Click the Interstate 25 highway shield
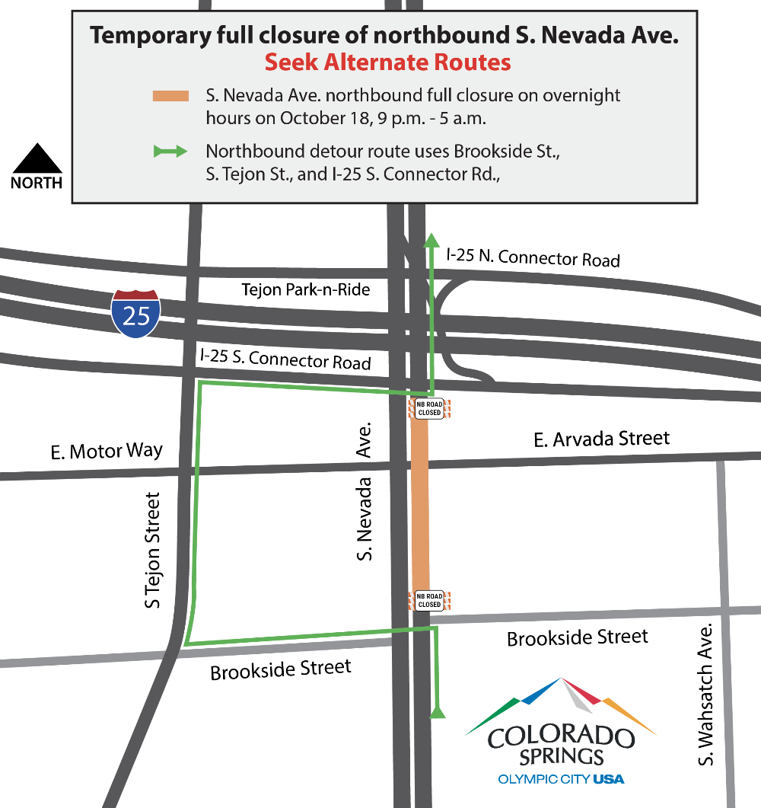[x=135, y=313]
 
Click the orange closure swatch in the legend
[x=170, y=95]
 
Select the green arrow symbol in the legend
[x=170, y=152]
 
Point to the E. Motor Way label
[x=107, y=451]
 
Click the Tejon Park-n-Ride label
[x=305, y=289]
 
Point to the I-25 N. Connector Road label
[x=533, y=257]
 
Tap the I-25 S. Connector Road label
[x=285, y=358]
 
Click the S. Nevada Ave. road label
[x=365, y=491]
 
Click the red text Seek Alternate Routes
[x=387, y=62]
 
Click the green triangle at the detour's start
[x=438, y=713]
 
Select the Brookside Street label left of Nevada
[x=281, y=670]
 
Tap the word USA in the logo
[x=608, y=779]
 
